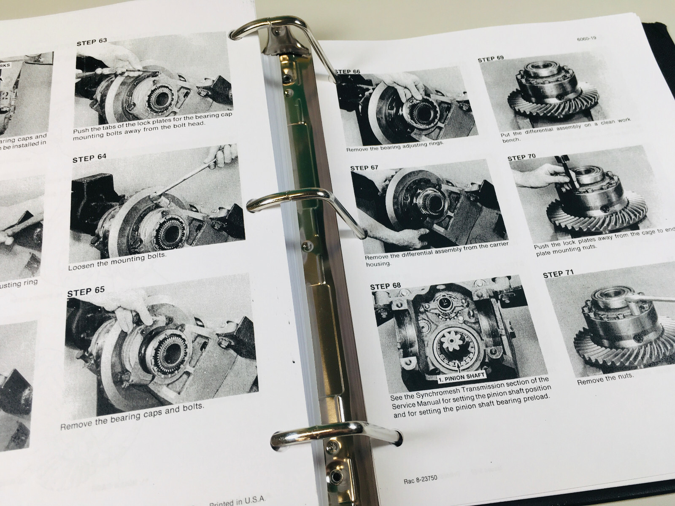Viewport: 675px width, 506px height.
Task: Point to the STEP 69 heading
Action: pos(491,59)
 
